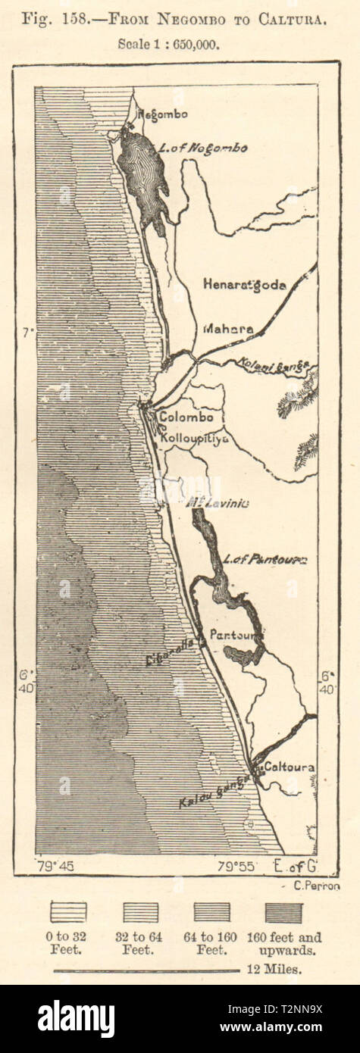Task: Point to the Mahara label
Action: pyautogui.click(x=228, y=330)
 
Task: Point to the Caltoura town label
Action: pyautogui.click(x=288, y=767)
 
